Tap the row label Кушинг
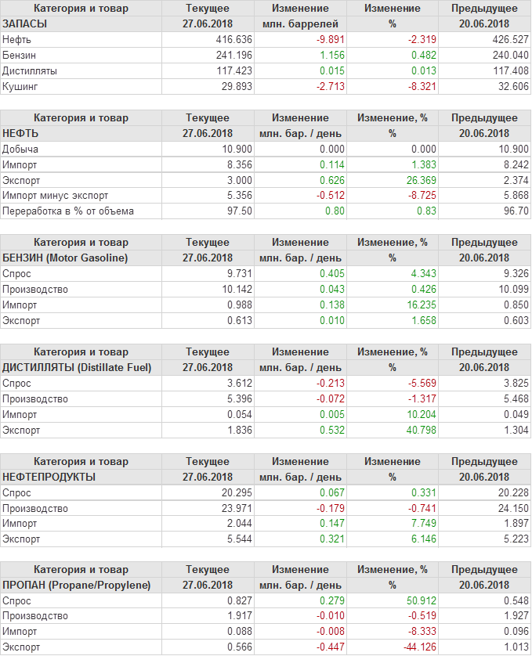(20, 86)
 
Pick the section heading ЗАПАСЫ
(25, 23)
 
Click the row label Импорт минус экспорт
(56, 196)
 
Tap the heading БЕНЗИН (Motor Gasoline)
(66, 258)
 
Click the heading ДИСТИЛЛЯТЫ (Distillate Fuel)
(77, 367)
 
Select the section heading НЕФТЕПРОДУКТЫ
(49, 477)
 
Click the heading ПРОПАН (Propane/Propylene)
(77, 585)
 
